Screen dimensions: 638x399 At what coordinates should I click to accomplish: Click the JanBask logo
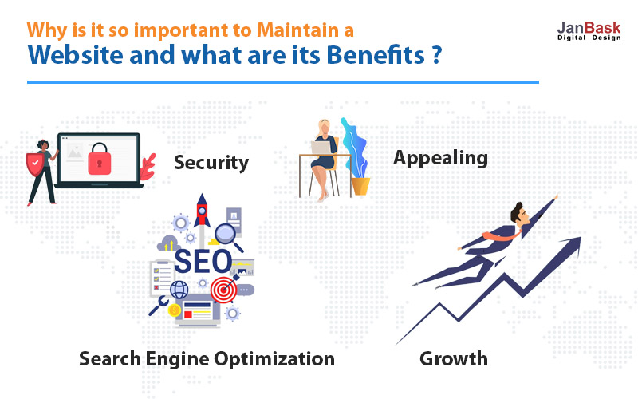[589, 31]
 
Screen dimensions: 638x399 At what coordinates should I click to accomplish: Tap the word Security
[211, 163]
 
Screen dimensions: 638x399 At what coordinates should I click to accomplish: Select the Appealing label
[440, 158]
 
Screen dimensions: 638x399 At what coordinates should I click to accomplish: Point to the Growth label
[454, 358]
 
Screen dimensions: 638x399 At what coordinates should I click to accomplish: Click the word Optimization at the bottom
[274, 359]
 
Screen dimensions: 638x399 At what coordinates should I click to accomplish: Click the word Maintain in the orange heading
[297, 30]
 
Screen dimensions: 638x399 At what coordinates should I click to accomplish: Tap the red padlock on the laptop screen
[99, 159]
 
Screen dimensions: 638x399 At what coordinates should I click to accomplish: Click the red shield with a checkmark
[35, 164]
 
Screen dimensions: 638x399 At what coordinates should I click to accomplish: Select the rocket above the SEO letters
[202, 211]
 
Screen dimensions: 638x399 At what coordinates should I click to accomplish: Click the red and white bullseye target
[223, 290]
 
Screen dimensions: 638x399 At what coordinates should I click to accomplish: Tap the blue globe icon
[179, 290]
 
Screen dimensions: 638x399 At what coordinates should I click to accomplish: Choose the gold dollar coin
[174, 310]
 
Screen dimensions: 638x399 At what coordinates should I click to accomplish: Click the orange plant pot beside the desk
[360, 187]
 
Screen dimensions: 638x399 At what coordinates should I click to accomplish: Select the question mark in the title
[436, 55]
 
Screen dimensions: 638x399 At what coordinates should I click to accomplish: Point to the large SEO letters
[203, 262]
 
